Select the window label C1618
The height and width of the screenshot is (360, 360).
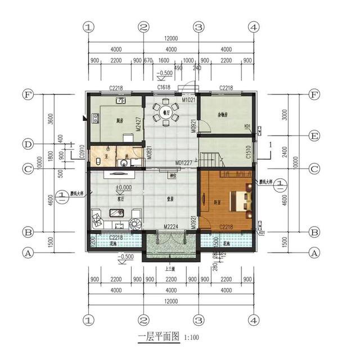point(164,88)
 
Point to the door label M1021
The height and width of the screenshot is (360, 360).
point(188,100)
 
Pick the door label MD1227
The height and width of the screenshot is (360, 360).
point(184,163)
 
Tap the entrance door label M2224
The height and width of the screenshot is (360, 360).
point(172,227)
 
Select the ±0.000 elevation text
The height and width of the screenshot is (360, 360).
point(123,187)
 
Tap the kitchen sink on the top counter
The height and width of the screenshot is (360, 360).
point(121,101)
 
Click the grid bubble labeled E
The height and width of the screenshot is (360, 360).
point(314,136)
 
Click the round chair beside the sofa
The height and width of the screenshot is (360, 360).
point(136,224)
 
